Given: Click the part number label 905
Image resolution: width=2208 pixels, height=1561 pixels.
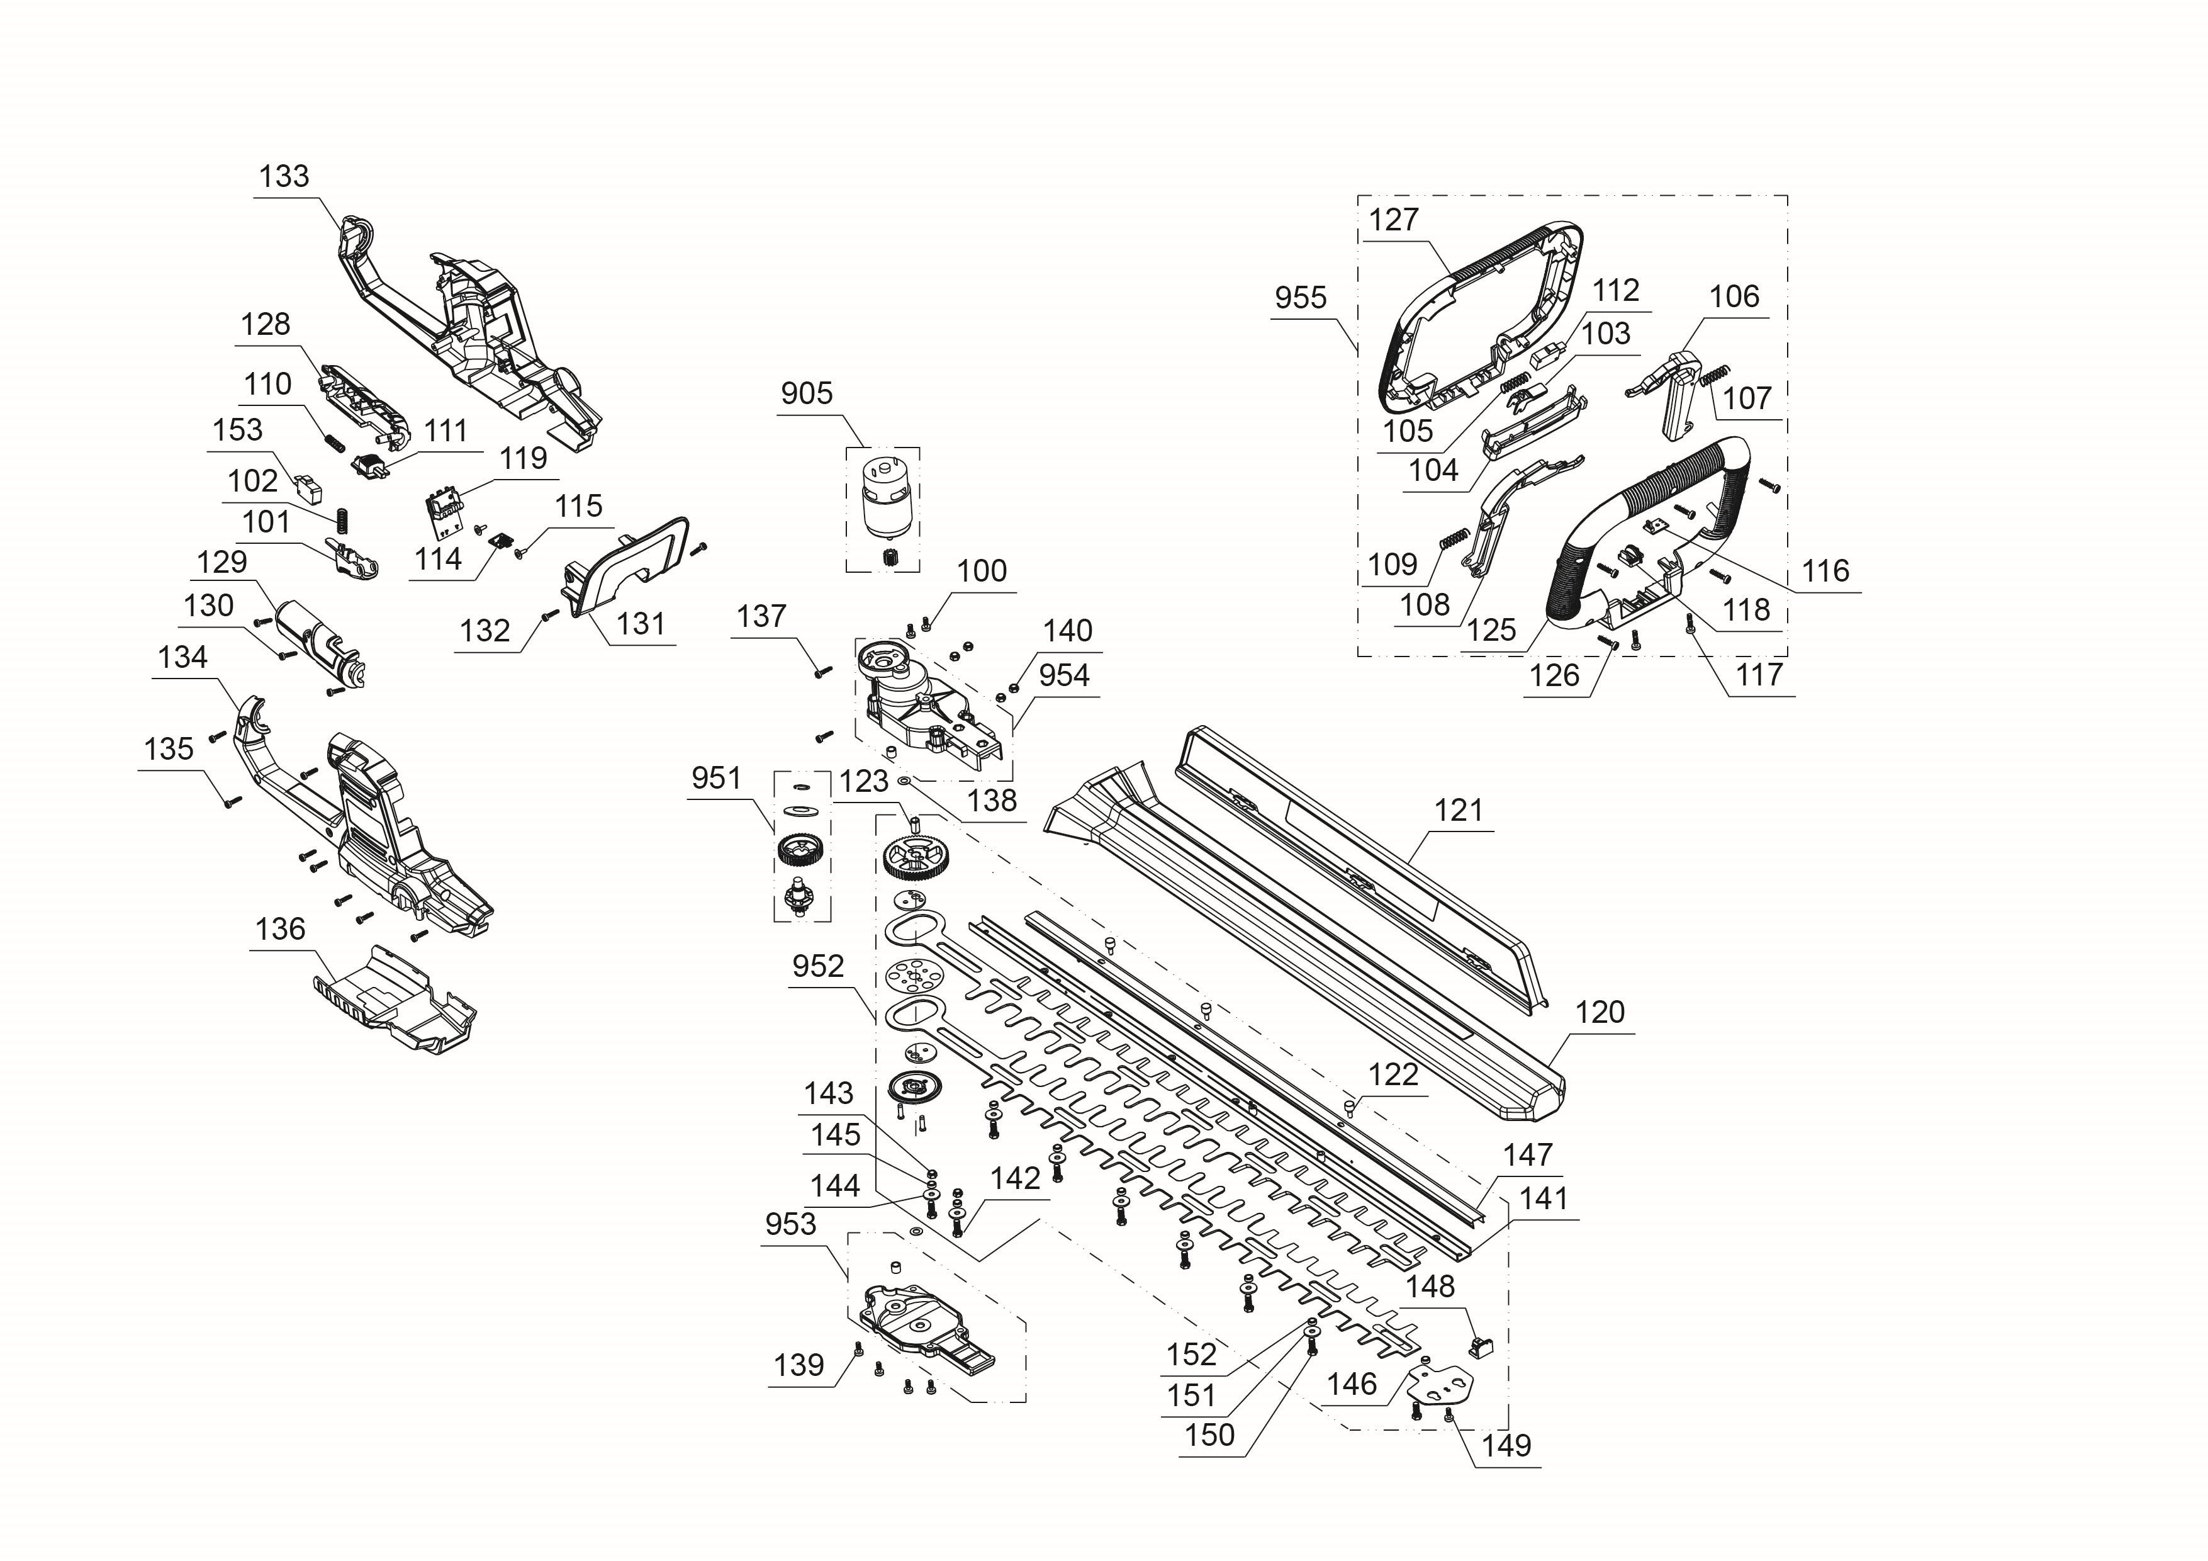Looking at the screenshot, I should (806, 393).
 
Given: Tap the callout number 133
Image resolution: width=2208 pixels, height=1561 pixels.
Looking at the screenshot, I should (284, 176).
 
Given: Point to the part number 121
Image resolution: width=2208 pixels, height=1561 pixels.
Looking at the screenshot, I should (1459, 811).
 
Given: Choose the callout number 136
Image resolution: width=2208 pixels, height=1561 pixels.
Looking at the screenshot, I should (280, 929).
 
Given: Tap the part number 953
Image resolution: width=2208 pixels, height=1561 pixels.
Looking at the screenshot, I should (790, 1224).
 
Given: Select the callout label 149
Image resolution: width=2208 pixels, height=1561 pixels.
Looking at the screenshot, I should (1506, 1446).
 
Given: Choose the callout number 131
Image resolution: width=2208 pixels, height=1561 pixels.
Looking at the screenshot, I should (641, 624).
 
